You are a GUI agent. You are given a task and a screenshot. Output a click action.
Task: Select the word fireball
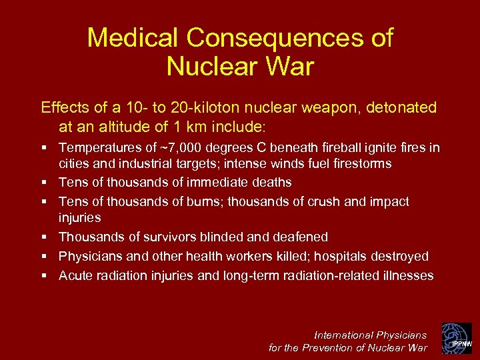coord(335,148)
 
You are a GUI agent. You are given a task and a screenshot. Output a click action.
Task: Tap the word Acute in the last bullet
coord(75,275)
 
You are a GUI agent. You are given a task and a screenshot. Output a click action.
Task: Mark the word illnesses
coord(407,275)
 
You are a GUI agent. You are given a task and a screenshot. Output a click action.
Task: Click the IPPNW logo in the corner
coord(457,338)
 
